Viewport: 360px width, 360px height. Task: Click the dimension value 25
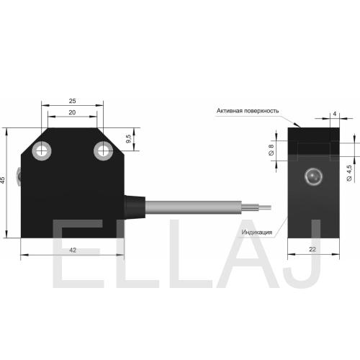click(x=72, y=101)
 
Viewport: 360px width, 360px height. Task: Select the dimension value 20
click(x=72, y=112)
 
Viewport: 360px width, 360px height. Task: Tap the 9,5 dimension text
click(x=129, y=139)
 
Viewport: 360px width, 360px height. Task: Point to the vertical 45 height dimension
click(x=2, y=180)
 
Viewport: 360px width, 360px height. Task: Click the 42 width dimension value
click(x=73, y=250)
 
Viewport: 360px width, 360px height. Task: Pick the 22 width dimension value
click(x=312, y=249)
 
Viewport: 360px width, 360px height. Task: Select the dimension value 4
click(x=335, y=114)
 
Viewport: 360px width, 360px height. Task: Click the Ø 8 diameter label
click(x=271, y=150)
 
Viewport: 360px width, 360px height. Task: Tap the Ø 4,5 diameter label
click(x=349, y=173)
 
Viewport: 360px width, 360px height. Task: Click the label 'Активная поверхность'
click(x=248, y=111)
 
